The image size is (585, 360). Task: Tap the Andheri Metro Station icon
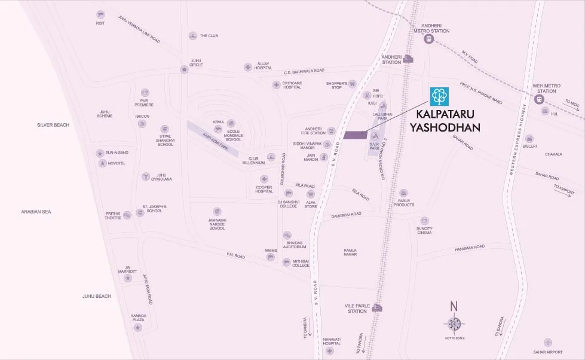pos(428,39)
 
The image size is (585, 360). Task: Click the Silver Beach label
pos(53,125)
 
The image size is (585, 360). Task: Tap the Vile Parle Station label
pos(357,307)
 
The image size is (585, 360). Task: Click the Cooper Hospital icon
pos(264,179)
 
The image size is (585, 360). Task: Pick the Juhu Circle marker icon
pos(184,69)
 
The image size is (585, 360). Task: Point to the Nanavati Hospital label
pos(332,341)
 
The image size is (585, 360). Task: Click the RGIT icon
pos(100,14)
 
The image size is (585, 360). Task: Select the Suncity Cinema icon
pos(424,221)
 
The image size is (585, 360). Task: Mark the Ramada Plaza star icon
pos(138,328)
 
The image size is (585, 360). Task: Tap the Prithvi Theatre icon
pos(127,215)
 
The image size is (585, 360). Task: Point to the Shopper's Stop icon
pos(352,84)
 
